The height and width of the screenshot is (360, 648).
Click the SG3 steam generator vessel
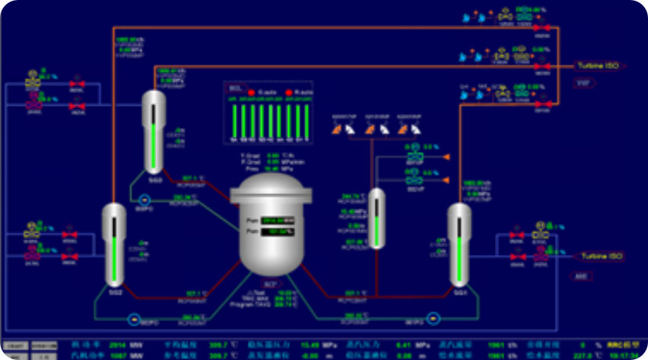pos(154,129)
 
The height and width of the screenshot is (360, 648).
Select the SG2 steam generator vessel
pos(113,244)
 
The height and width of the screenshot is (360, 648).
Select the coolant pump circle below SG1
pos(434,318)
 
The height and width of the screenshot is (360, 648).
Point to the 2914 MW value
pos(118,345)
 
